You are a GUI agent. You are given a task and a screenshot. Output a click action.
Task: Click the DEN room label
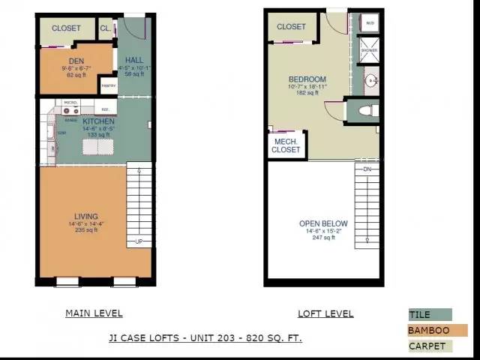pyautogui.click(x=76, y=60)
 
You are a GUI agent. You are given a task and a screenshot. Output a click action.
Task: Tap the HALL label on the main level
pyautogui.click(x=134, y=60)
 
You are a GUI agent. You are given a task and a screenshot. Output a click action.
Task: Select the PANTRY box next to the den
pyautogui.click(x=107, y=86)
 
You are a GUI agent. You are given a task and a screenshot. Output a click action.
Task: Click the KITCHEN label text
pyautogui.click(x=98, y=121)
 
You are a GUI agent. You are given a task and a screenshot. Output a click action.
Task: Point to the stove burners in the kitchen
pyautogui.click(x=71, y=110)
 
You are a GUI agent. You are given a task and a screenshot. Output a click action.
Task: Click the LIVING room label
pyautogui.click(x=85, y=217)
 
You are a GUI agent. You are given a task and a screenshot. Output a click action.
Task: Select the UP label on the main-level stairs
pyautogui.click(x=139, y=241)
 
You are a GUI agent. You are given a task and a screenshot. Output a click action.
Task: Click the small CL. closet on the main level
pyautogui.click(x=105, y=28)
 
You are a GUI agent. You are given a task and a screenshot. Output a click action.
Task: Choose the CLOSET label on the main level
pyautogui.click(x=66, y=28)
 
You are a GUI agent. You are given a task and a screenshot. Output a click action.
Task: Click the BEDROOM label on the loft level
pyautogui.click(x=307, y=79)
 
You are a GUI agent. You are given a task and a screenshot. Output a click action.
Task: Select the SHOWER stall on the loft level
pyautogui.click(x=369, y=49)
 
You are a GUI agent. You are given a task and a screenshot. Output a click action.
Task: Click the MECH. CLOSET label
pyautogui.click(x=286, y=145)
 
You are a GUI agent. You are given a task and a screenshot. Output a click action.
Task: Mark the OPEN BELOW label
pyautogui.click(x=323, y=223)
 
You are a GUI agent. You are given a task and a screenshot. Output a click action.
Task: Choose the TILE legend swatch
pyautogui.click(x=430, y=315)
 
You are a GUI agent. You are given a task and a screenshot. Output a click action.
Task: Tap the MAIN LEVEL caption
pyautogui.click(x=94, y=313)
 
